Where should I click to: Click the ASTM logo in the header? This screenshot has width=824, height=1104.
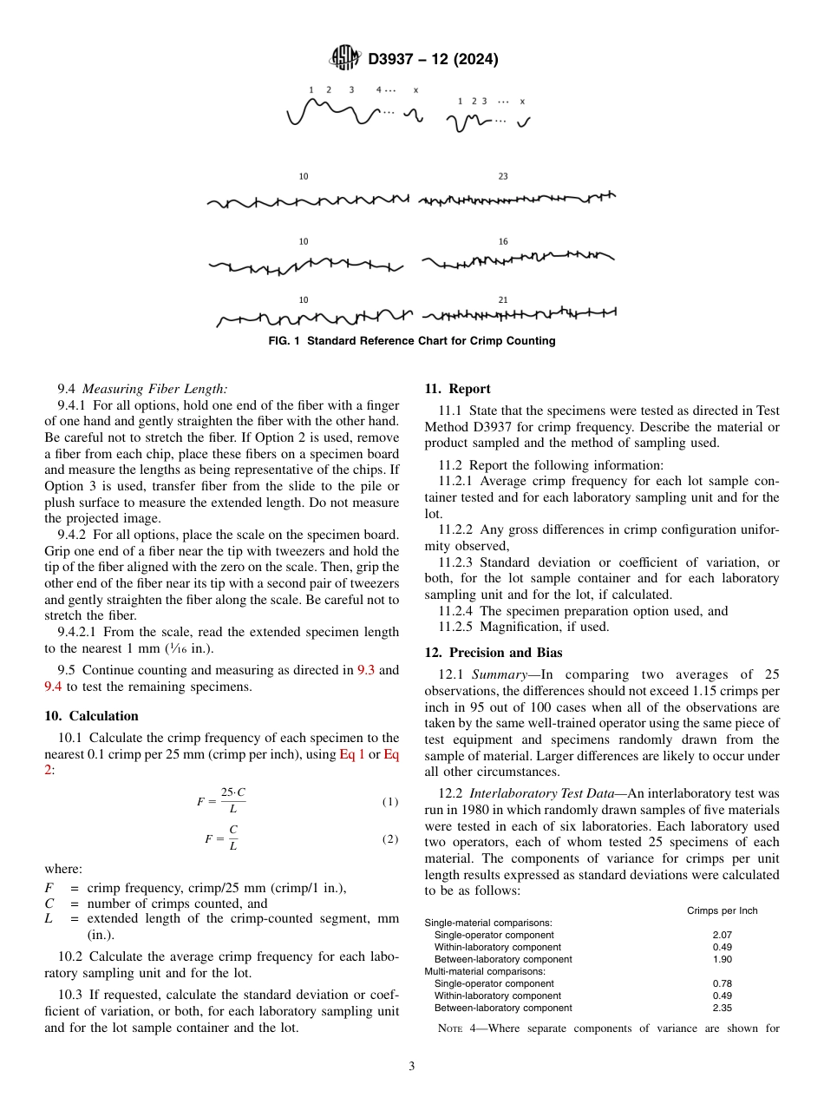[347, 59]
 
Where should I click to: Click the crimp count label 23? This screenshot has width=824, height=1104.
[503, 176]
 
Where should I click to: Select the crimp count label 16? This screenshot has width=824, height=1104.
[503, 241]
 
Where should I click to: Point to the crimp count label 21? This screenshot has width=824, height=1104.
[503, 300]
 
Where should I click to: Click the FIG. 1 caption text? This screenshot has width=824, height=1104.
[411, 341]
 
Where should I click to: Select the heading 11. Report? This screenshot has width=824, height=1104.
[457, 389]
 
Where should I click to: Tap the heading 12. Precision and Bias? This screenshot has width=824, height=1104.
[493, 653]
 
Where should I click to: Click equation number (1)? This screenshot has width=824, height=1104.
[390, 802]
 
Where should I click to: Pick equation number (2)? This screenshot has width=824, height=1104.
[390, 839]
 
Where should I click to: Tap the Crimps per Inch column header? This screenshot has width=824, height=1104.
[722, 910]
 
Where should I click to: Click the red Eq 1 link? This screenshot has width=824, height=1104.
[351, 754]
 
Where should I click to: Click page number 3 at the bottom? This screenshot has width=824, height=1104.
[412, 1067]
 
